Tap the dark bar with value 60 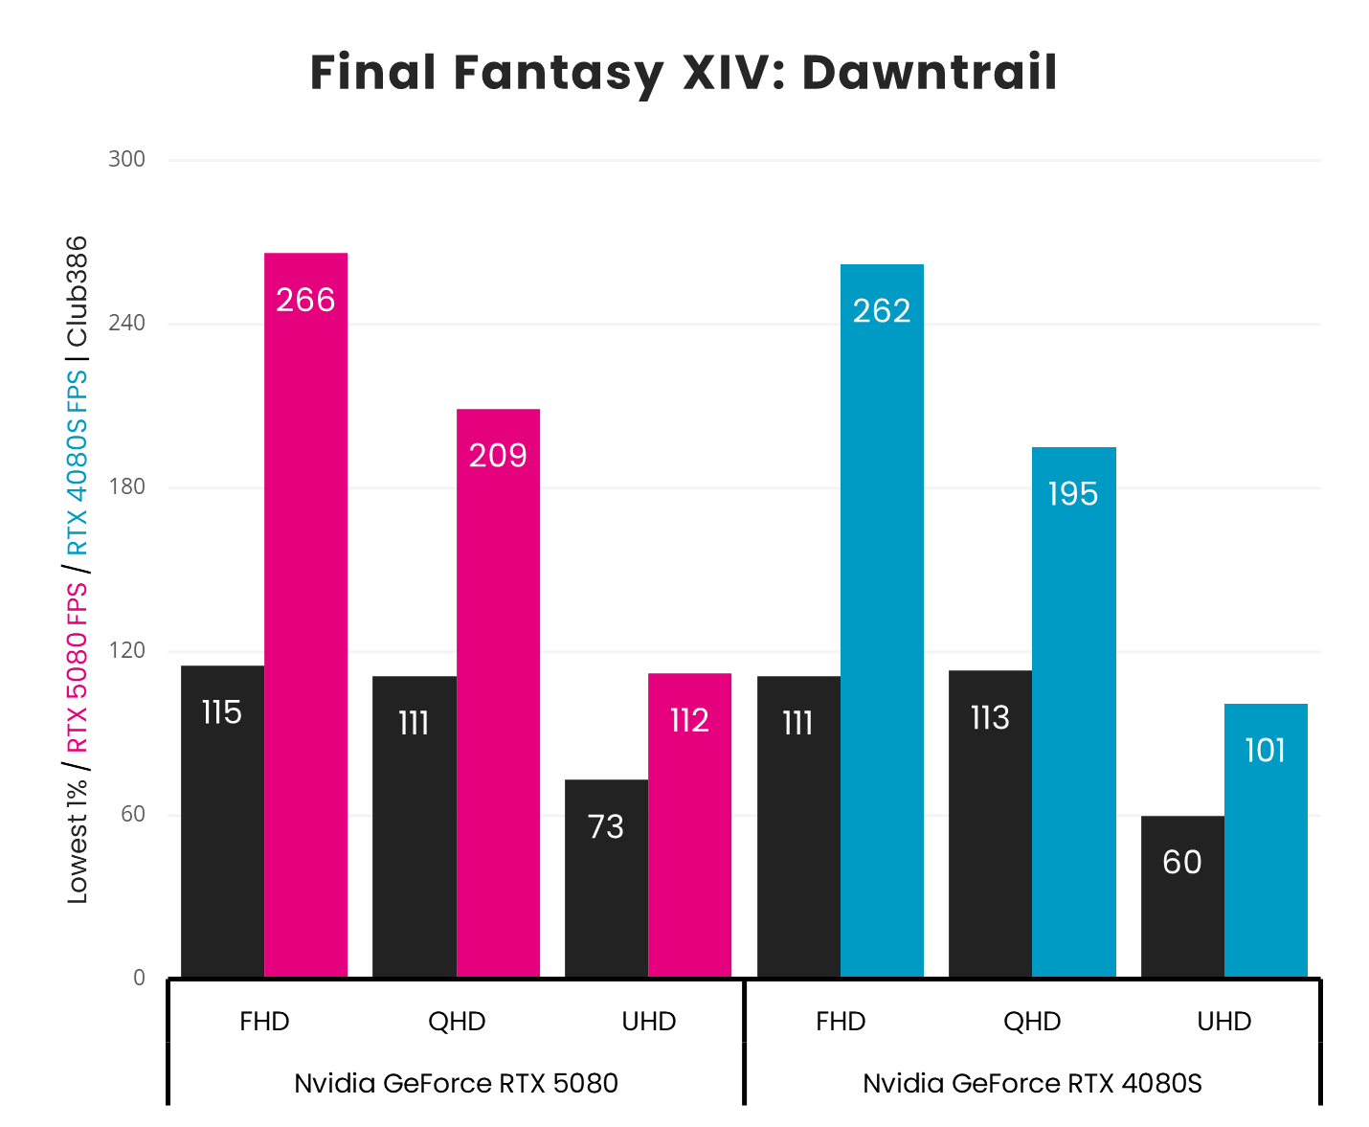[x=1182, y=896]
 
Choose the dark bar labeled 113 [x=990, y=823]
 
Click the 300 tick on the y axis [x=126, y=159]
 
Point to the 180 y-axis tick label [x=126, y=486]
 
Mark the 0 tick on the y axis [x=140, y=978]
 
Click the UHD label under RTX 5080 [x=649, y=1022]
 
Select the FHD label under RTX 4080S [x=841, y=1022]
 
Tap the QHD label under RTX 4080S [x=1032, y=1022]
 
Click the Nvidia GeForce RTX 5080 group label [x=456, y=1084]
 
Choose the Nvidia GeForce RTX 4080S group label [x=1032, y=1084]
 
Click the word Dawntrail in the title [x=929, y=74]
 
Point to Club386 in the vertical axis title [x=77, y=291]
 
